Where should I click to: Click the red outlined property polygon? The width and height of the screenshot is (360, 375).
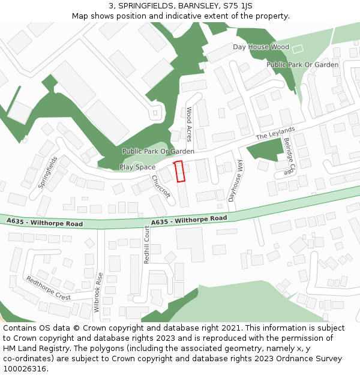pos(179,171)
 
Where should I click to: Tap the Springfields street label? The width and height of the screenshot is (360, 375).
pos(48,172)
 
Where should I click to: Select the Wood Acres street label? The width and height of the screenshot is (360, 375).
pos(189,124)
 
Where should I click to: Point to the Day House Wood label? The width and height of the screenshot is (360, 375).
pos(261,47)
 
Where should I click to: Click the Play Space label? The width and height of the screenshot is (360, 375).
pos(137,167)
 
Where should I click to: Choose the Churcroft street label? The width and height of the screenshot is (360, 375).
pos(161,186)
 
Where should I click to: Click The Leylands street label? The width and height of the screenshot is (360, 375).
pos(275,133)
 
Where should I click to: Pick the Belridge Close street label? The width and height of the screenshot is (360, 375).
pos(289,155)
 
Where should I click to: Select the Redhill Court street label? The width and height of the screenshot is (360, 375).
pos(146,245)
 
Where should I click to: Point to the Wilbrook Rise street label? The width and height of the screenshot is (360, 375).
pos(98,292)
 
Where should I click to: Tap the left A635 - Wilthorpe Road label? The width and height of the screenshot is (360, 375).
pos(45,223)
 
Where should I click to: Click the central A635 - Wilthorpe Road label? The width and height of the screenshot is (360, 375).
pos(189,220)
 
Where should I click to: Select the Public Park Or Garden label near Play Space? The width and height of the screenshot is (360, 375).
pos(158,152)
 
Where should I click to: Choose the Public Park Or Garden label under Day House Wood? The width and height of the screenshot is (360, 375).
pos(302,64)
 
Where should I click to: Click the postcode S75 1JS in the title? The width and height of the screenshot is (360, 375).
pos(238,6)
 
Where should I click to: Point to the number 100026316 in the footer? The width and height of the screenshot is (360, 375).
pos(24,368)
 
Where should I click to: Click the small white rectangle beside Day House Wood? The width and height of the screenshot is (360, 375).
pos(298,48)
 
